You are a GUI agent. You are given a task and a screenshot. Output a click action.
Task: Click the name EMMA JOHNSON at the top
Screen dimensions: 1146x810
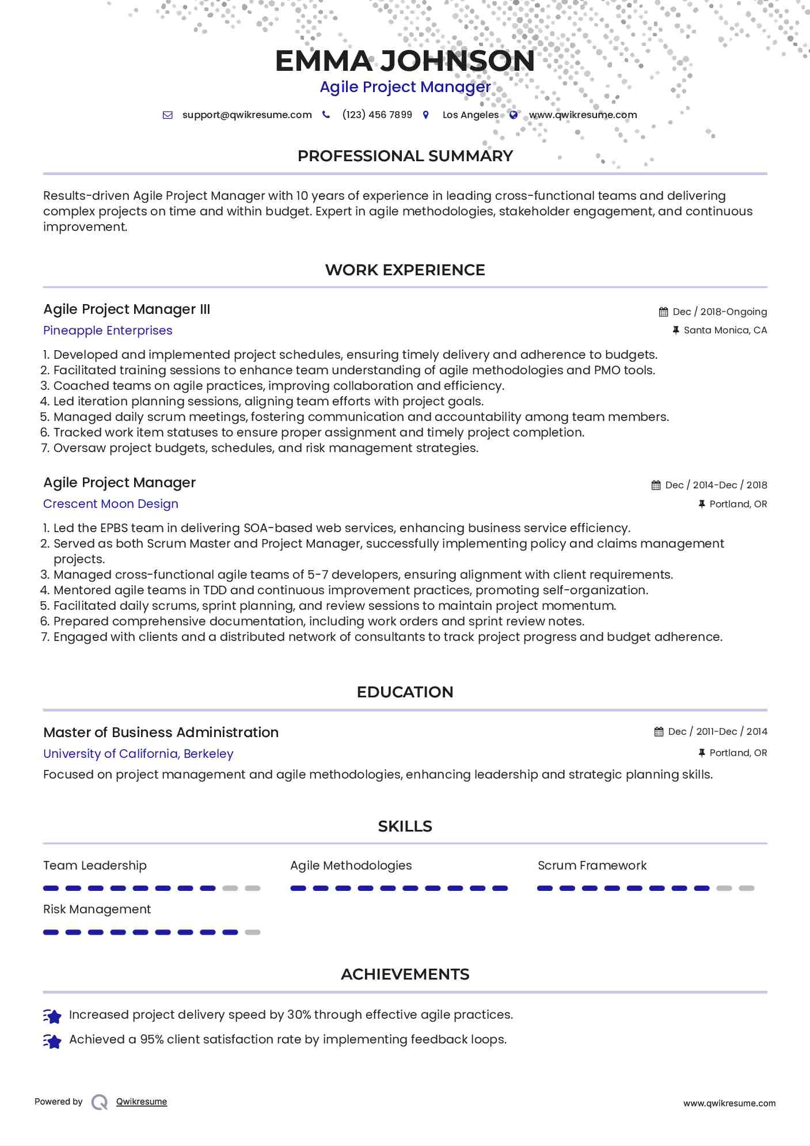pos(405,61)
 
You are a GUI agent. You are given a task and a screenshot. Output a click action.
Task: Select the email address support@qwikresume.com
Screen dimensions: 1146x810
pos(247,115)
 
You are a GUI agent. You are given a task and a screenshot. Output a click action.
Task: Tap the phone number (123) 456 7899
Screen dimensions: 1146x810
pos(377,115)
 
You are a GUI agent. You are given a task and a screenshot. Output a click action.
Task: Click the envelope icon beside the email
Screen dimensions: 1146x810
pos(168,115)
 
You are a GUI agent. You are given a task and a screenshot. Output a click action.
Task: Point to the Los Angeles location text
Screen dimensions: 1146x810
pos(470,115)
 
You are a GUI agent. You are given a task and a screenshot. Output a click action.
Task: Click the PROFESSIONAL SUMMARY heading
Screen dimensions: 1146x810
pos(405,156)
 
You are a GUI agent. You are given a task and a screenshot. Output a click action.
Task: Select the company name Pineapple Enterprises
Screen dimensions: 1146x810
pos(108,331)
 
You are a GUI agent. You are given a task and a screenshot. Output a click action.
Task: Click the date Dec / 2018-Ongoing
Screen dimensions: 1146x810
pos(720,312)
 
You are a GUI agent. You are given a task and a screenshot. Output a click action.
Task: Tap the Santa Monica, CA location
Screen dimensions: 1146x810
pos(725,330)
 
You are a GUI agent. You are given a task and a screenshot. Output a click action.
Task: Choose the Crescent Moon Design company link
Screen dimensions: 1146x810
pos(111,504)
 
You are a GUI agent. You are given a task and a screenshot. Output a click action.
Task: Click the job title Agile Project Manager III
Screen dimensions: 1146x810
pos(127,309)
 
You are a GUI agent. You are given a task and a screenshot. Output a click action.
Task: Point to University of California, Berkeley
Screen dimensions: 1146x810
pos(138,754)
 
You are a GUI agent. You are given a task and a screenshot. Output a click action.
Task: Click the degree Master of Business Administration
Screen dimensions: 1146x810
pos(161,733)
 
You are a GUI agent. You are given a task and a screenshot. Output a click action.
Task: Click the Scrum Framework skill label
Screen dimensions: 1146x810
pos(592,866)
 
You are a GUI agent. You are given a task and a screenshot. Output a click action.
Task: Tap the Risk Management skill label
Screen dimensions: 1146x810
pos(97,909)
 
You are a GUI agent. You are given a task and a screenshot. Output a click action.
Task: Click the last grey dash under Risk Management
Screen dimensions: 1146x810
pos(252,932)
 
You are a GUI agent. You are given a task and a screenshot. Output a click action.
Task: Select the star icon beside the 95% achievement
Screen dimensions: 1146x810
pos(52,1041)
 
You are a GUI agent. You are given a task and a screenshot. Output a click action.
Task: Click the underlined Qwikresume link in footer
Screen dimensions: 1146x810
pos(142,1102)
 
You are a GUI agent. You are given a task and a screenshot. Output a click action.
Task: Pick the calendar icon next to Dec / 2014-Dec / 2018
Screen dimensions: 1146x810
pos(656,485)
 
